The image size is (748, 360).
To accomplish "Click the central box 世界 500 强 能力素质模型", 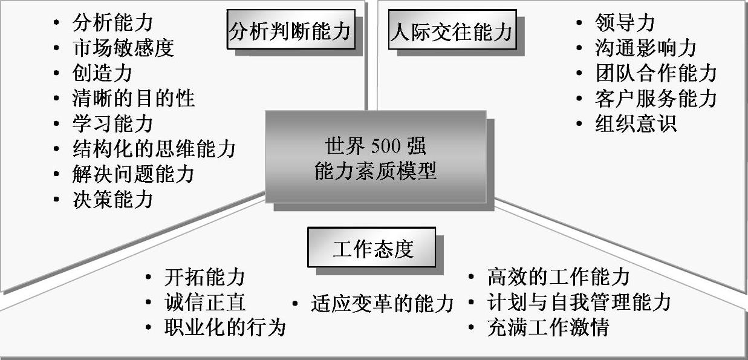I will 375,157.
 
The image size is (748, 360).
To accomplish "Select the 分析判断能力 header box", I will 290,30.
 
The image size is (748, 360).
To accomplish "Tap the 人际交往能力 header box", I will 451,30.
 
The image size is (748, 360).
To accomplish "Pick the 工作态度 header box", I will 371,248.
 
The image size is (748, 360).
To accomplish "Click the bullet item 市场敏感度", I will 123,48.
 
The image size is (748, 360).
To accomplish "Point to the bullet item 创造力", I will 102,73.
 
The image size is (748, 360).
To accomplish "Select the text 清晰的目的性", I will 133,99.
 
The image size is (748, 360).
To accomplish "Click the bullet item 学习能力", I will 112,123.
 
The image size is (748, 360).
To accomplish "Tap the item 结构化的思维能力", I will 154,149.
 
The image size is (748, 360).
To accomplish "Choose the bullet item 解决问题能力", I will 133,174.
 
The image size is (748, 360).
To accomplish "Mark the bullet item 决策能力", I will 112,199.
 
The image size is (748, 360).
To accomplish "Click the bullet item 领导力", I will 625,23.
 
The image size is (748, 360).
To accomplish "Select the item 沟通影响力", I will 645,48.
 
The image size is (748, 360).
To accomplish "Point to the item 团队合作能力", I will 655,73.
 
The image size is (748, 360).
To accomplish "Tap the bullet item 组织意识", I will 635,123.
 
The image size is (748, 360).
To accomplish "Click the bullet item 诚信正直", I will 204,303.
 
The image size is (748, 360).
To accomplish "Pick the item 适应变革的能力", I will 382,303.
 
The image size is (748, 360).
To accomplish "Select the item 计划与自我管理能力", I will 579,302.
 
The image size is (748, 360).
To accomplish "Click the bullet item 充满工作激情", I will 548,327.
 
